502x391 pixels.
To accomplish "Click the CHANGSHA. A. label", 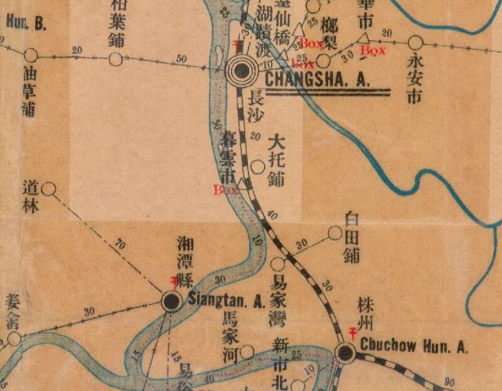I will (x=318, y=80).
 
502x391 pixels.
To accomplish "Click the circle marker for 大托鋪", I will (x=257, y=167).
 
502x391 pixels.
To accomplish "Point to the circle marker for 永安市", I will (x=415, y=43).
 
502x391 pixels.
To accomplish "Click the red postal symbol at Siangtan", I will (x=175, y=282).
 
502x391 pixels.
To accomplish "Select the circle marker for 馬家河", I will (x=248, y=352).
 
